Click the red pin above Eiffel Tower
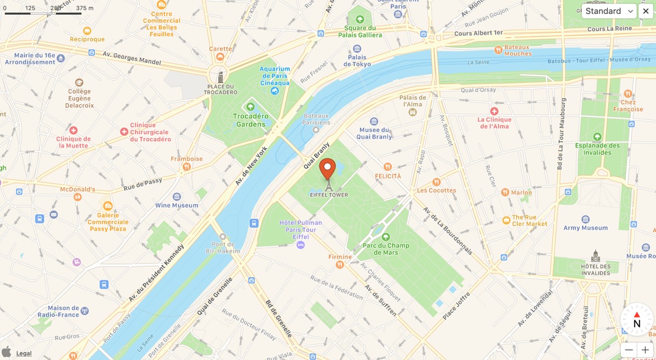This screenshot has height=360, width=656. [328, 168]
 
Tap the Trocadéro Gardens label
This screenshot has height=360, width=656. [250, 119]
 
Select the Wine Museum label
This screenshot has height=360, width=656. [177, 205]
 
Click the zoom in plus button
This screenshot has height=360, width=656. [645, 350]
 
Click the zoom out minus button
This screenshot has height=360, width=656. [628, 350]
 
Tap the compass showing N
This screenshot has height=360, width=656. [637, 319]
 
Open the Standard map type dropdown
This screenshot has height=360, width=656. [609, 11]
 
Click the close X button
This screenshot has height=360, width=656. [645, 11]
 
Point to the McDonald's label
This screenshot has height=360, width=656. [77, 190]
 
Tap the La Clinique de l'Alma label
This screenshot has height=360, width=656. [494, 122]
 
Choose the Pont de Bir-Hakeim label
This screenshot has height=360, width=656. [222, 247]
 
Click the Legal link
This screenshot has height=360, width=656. [24, 353]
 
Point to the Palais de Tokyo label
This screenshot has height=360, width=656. [357, 60]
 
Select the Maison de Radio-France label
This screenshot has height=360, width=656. [63, 311]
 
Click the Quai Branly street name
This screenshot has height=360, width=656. [317, 156]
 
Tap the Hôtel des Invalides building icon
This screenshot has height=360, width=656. [596, 256]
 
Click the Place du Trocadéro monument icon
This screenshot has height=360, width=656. [221, 77]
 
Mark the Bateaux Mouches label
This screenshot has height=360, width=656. [517, 50]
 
